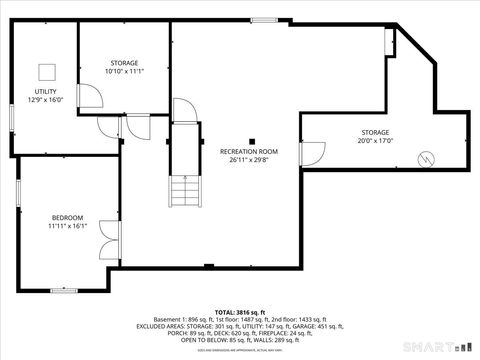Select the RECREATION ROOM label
pos(248,151)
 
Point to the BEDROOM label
pos(68,217)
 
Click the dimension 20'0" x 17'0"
pos(375,141)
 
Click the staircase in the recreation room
pos(183,190)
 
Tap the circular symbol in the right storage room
pos(426,158)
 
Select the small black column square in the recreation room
pos(252,141)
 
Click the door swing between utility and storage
pos(90,96)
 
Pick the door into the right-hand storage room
pos(312,154)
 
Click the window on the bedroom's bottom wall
pos(64,291)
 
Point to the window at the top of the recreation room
pos(264,20)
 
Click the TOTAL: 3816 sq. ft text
pos(240,313)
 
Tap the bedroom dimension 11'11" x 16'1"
pos(68,226)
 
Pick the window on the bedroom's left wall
pos(16,193)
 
